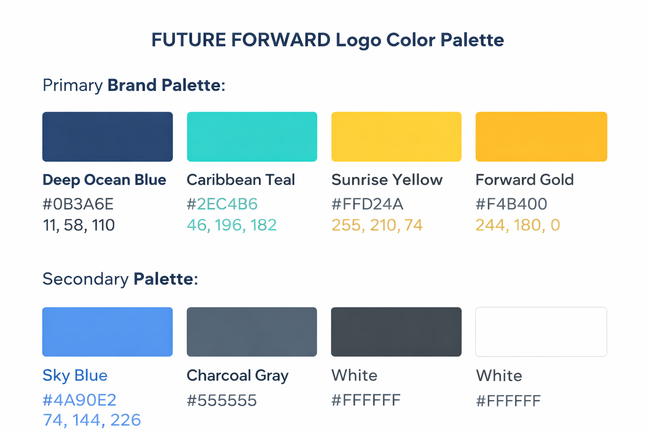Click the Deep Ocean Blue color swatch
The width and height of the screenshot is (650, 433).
[x=107, y=137]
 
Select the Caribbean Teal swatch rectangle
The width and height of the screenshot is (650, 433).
[x=252, y=137]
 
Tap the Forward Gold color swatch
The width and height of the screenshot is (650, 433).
[x=541, y=137]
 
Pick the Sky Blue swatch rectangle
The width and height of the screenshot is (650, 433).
[x=107, y=332]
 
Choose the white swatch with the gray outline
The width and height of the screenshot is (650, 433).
[x=541, y=332]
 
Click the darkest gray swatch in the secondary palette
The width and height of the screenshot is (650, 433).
[x=396, y=332]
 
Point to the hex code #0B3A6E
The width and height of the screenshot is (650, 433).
[x=78, y=204]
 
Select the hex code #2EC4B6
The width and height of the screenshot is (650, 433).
[x=222, y=204]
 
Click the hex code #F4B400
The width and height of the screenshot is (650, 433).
[x=511, y=204]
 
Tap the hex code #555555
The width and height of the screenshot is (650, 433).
[x=222, y=400]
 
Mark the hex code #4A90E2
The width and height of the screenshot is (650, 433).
[x=80, y=400]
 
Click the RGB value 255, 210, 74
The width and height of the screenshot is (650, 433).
[x=377, y=225]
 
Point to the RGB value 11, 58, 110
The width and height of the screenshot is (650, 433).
[x=79, y=225]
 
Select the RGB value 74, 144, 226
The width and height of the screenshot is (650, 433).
[x=92, y=420]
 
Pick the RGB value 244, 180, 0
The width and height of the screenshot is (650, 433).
[x=518, y=225]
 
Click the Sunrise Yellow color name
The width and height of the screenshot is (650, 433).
[x=387, y=180]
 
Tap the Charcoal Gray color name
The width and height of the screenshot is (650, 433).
[x=237, y=375]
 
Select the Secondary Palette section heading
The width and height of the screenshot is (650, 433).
[x=120, y=279]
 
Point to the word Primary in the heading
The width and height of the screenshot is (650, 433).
[x=72, y=85]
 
